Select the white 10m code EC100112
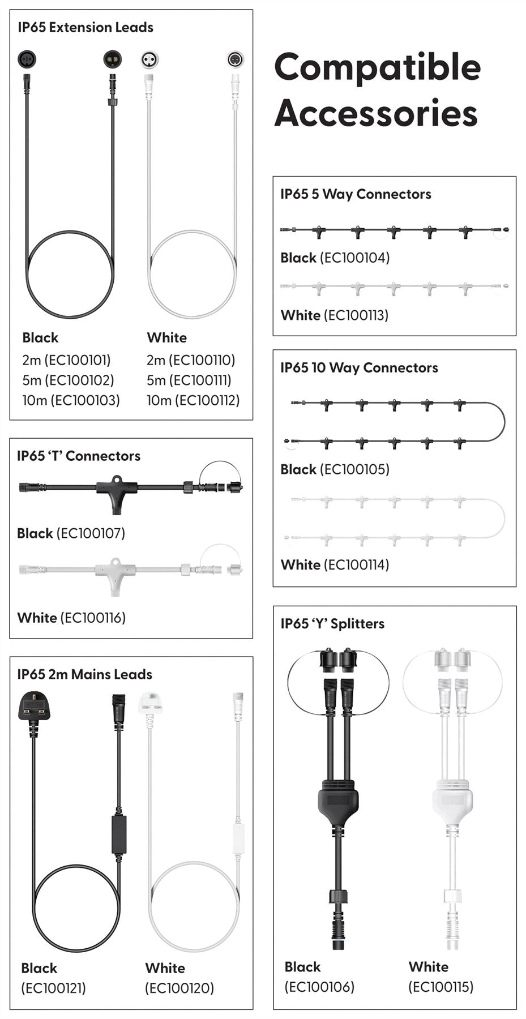(x=207, y=400)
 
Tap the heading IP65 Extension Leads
(x=85, y=27)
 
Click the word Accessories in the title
(x=376, y=113)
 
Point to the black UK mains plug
(x=33, y=708)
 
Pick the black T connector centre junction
(x=117, y=489)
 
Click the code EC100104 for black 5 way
(x=355, y=258)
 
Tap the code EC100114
(x=354, y=564)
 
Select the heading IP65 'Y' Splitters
(x=332, y=624)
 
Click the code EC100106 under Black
(x=319, y=987)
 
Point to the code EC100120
(x=179, y=988)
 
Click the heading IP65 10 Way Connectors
(x=359, y=368)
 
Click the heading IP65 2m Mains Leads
(x=85, y=674)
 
